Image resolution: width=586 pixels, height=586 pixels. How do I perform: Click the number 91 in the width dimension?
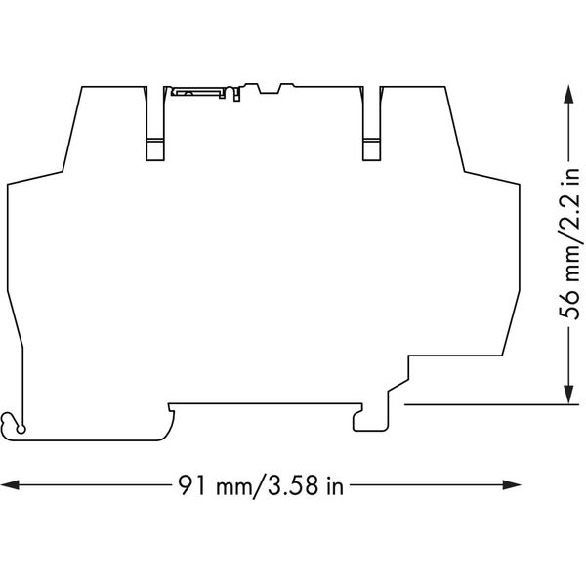click(191, 485)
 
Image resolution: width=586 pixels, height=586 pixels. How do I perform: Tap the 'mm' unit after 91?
click(230, 485)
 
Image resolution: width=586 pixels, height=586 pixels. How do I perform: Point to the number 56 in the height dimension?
click(569, 306)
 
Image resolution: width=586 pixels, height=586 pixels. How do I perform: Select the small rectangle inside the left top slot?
click(156, 150)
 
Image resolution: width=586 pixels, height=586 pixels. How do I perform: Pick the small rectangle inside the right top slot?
click(373, 150)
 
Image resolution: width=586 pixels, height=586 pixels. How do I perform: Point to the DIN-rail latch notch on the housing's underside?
click(370, 420)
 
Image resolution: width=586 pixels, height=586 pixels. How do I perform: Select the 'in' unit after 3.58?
click(335, 485)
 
